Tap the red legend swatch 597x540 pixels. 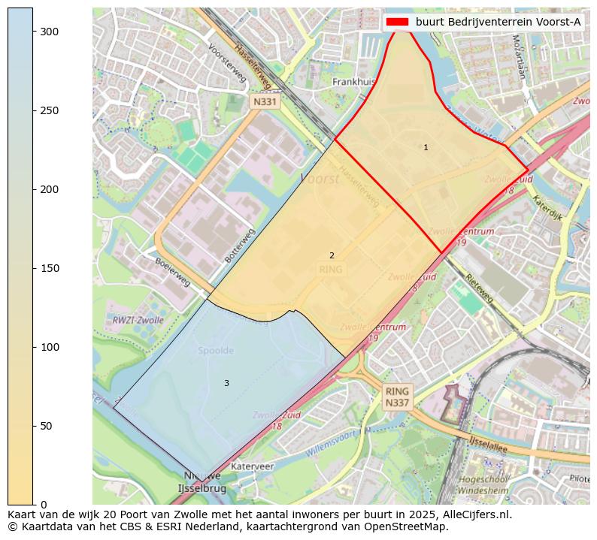[397, 22]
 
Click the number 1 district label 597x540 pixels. [426, 148]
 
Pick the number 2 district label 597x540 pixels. [332, 256]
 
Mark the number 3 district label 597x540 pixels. [226, 384]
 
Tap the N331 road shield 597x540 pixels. [265, 101]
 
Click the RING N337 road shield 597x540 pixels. [397, 397]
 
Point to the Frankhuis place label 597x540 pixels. [353, 82]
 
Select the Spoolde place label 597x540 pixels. [216, 351]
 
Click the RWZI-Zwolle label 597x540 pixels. [138, 320]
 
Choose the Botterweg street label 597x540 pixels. [240, 245]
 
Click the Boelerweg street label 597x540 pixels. [172, 272]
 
